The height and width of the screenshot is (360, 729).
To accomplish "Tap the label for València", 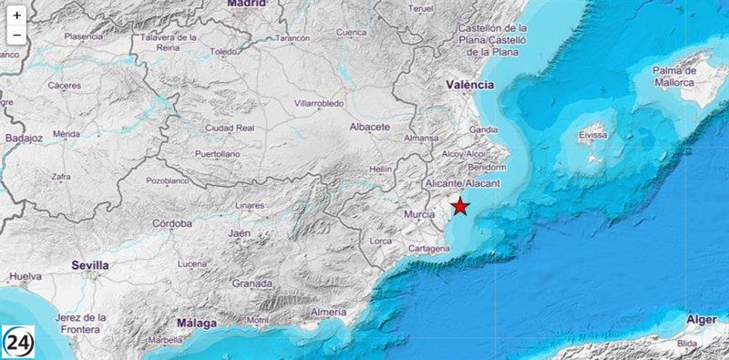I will pos(470,85).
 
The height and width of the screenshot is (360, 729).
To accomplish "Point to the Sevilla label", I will pos(90,264).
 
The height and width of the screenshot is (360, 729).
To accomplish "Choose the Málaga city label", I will pos(198,323).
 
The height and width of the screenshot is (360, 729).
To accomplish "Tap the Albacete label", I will pos(370,127).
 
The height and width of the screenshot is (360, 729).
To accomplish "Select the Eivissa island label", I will pos(592,136).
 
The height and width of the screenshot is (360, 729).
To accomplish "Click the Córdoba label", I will pos(171,223).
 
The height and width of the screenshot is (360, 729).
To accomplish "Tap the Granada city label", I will pos(252,283).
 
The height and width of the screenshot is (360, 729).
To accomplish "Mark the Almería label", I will pos(328,313).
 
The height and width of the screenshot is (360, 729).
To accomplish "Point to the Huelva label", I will pos(26,275).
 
